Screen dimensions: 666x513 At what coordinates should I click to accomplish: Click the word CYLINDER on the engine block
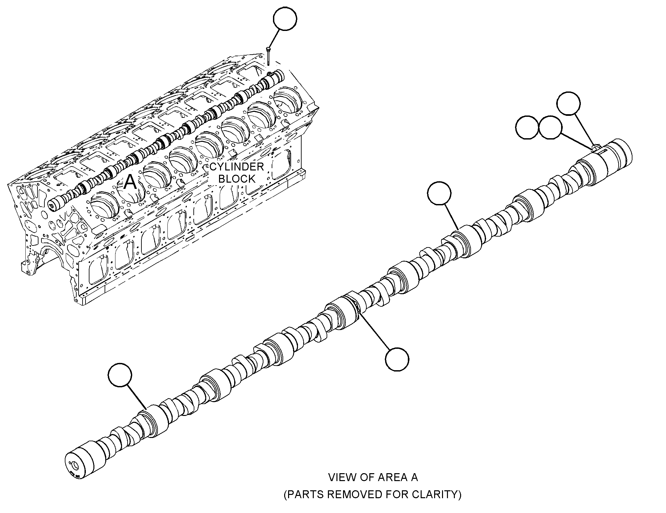pos(237,167)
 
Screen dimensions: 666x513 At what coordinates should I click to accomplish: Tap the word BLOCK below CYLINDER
pos(237,179)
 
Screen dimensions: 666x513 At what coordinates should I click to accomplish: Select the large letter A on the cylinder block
pos(130,182)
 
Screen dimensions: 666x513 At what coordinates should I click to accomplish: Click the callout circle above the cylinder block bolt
pos(285,18)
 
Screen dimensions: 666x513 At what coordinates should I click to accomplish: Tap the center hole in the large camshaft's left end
pos(76,466)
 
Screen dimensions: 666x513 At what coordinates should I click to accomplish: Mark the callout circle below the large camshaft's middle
pos(397,359)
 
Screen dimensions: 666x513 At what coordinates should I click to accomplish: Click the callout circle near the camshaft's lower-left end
pos(120,375)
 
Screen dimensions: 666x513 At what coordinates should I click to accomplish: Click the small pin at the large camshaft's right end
pos(595,148)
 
